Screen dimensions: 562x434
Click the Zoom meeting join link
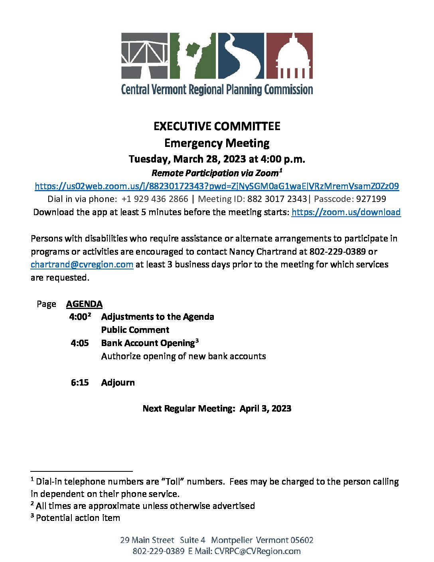pos(217,186)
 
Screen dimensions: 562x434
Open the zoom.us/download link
pos(346,212)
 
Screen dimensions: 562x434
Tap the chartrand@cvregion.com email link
pos(82,265)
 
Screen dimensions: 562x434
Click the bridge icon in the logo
pos(144,56)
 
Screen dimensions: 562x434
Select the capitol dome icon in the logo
pos(289,56)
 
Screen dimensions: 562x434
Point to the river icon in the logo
pos(241,56)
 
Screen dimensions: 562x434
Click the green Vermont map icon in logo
pos(193,56)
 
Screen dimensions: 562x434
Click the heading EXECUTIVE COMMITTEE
pos(217,127)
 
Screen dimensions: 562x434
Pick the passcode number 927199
pos(371,199)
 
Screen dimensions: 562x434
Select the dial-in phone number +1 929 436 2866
pos(155,199)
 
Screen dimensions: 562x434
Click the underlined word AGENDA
pos(84,304)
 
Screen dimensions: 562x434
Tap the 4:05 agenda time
pos(80,343)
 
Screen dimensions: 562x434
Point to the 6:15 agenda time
pos(80,382)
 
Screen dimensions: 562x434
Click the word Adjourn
pos(118,382)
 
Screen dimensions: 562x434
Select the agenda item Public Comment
pos(135,330)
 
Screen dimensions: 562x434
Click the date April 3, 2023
pos(265,409)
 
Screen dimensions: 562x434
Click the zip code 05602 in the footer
pos(302,540)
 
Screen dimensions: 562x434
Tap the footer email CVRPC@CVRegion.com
pos(257,551)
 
